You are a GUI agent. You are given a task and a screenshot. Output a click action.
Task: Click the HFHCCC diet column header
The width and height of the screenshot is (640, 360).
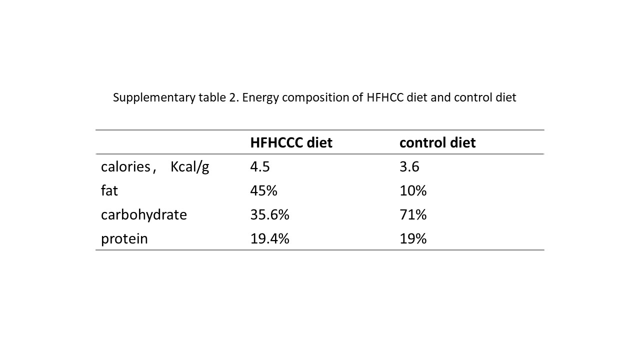point(291,142)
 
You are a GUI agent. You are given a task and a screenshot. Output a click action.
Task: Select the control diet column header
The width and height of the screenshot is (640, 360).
point(437,142)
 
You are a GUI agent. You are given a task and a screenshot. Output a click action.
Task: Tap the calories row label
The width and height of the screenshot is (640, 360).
point(155,167)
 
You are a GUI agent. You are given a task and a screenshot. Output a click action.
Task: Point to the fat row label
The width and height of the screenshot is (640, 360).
point(109,190)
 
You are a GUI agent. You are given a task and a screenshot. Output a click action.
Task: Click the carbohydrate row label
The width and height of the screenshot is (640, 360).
point(143,214)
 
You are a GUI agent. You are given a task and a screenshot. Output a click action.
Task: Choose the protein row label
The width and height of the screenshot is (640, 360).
point(124,239)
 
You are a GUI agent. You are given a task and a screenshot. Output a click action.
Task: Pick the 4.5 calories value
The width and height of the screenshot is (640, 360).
point(259,166)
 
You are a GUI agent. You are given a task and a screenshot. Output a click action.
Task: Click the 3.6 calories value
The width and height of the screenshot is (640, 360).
point(409,166)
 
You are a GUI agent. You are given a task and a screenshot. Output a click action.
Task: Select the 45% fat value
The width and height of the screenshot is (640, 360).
point(263,190)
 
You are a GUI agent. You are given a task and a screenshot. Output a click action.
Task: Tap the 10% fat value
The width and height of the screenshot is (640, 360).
point(413,190)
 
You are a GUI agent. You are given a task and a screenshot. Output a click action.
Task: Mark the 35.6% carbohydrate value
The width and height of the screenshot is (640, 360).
point(269,214)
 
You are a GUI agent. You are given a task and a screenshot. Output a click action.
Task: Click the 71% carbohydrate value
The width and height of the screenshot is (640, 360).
point(413,214)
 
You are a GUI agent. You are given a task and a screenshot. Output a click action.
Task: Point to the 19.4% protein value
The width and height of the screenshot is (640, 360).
point(269,238)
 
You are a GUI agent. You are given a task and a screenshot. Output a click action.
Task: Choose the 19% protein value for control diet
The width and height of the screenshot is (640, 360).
point(413,238)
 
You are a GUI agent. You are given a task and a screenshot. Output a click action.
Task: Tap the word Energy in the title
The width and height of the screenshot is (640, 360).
point(260,98)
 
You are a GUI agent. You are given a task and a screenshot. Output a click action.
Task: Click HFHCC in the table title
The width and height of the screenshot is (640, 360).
point(385,97)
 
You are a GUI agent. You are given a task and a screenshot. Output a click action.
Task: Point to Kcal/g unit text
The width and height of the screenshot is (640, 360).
point(189,167)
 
